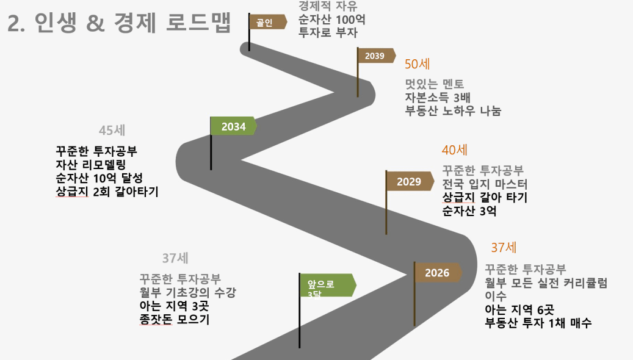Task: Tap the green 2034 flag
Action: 233,126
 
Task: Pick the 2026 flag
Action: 438,273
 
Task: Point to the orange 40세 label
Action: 455,150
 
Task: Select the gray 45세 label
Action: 112,131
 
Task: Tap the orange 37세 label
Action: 504,248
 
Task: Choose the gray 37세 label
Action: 176,258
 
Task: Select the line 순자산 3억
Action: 470,212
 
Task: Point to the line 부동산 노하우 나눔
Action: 453,111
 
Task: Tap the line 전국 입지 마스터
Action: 485,184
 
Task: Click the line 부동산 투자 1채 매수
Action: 538,324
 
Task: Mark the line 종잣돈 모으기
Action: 175,319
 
